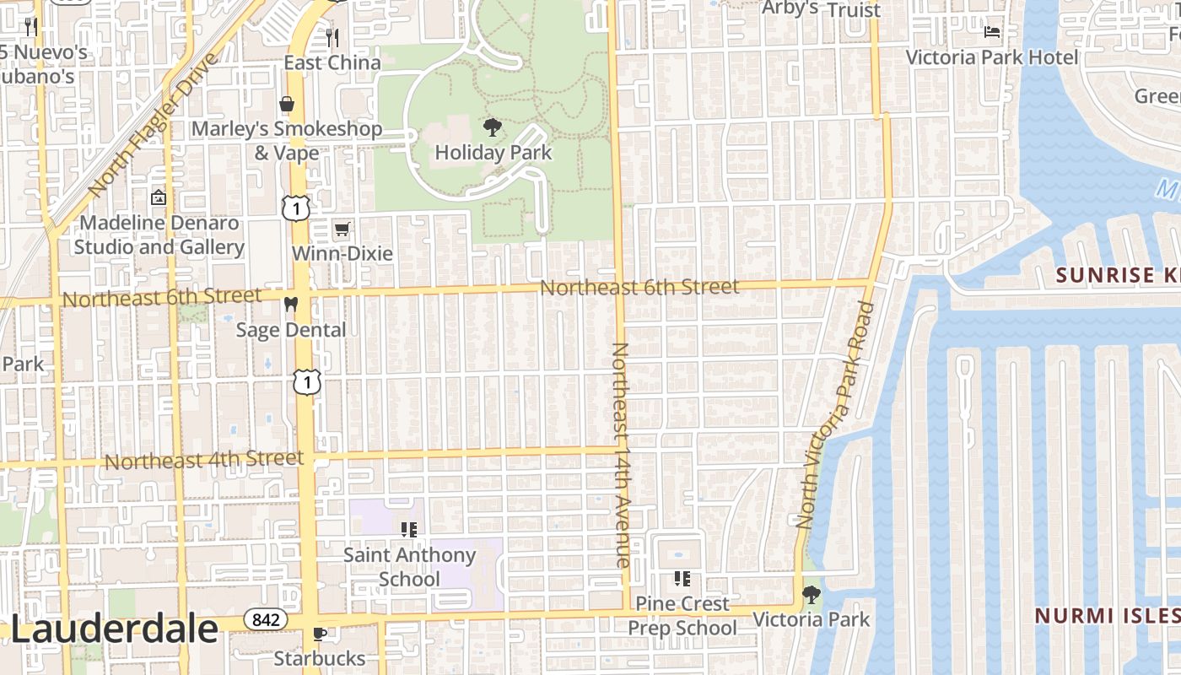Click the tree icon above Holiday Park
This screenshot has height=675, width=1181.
(x=492, y=128)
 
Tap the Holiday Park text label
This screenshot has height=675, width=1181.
(x=493, y=153)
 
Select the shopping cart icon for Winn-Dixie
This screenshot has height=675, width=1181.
(x=342, y=229)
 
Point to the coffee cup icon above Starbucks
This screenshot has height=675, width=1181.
(x=319, y=634)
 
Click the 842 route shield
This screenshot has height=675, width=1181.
(x=265, y=620)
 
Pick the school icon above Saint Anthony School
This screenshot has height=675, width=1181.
(x=409, y=530)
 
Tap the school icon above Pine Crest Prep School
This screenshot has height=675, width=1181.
(x=682, y=579)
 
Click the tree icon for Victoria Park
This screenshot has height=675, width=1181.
(x=811, y=595)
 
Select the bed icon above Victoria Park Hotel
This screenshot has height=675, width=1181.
(x=992, y=32)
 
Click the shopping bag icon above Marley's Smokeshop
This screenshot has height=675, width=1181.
(x=287, y=104)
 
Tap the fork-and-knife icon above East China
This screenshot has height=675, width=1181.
(x=332, y=37)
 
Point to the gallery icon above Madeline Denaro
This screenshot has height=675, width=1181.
(x=158, y=198)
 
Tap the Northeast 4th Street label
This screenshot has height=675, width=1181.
(x=203, y=460)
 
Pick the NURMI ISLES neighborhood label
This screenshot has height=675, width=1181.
(x=1108, y=615)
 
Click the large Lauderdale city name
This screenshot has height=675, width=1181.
(x=114, y=629)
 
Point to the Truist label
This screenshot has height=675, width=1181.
(x=854, y=10)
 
